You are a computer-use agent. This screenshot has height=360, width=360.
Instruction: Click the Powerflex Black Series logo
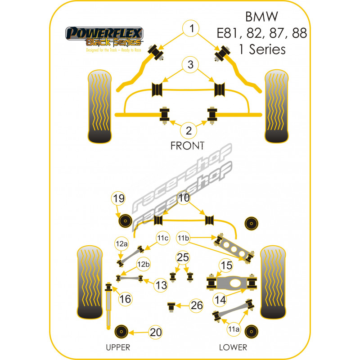point(104,39)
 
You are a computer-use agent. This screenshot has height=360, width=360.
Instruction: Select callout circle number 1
point(191,29)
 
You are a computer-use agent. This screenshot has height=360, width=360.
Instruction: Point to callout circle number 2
point(189,131)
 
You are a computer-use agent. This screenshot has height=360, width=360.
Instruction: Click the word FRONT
point(187,146)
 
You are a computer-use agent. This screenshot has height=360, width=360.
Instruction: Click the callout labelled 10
point(184,197)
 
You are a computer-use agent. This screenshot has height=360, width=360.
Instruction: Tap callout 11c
point(162,238)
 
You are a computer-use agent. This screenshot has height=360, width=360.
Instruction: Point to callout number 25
point(183,258)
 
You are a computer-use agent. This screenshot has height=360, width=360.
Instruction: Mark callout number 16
point(126,298)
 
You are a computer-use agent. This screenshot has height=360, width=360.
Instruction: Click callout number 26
point(196,306)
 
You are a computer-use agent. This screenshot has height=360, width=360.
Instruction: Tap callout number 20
point(156,333)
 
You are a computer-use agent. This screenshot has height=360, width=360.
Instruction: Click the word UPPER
point(118,347)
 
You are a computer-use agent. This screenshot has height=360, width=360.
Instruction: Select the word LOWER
point(233,347)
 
